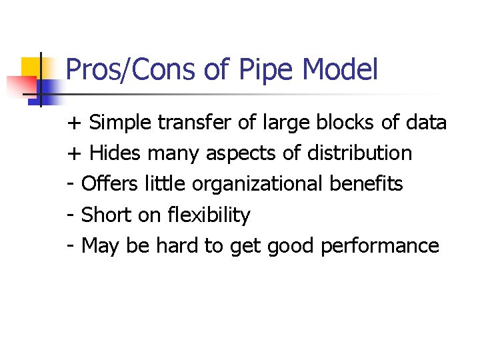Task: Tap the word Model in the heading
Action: [x=340, y=70]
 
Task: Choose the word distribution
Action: [x=359, y=154]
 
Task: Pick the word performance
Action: [x=380, y=247]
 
